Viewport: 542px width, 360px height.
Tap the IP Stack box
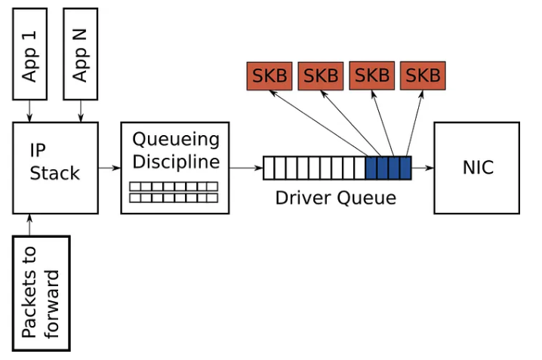[x=55, y=168]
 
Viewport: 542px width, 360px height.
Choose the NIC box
[x=477, y=167]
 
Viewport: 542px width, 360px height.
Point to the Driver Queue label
[x=335, y=198]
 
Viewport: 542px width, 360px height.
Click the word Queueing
[x=176, y=139]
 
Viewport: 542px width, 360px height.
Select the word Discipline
[x=176, y=162]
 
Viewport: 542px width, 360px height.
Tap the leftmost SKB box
[x=269, y=75]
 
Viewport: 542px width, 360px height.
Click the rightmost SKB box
[x=423, y=75]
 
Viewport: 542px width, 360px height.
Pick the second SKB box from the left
[x=321, y=75]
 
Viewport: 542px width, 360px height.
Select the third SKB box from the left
[x=372, y=75]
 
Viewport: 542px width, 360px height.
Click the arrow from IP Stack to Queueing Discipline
[x=109, y=168]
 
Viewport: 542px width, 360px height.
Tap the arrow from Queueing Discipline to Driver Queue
[x=246, y=168]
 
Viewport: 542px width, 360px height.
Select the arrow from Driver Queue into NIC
[x=423, y=168]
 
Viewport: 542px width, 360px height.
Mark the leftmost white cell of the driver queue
[x=269, y=168]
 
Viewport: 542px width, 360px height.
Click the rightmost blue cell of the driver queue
[x=405, y=168]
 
